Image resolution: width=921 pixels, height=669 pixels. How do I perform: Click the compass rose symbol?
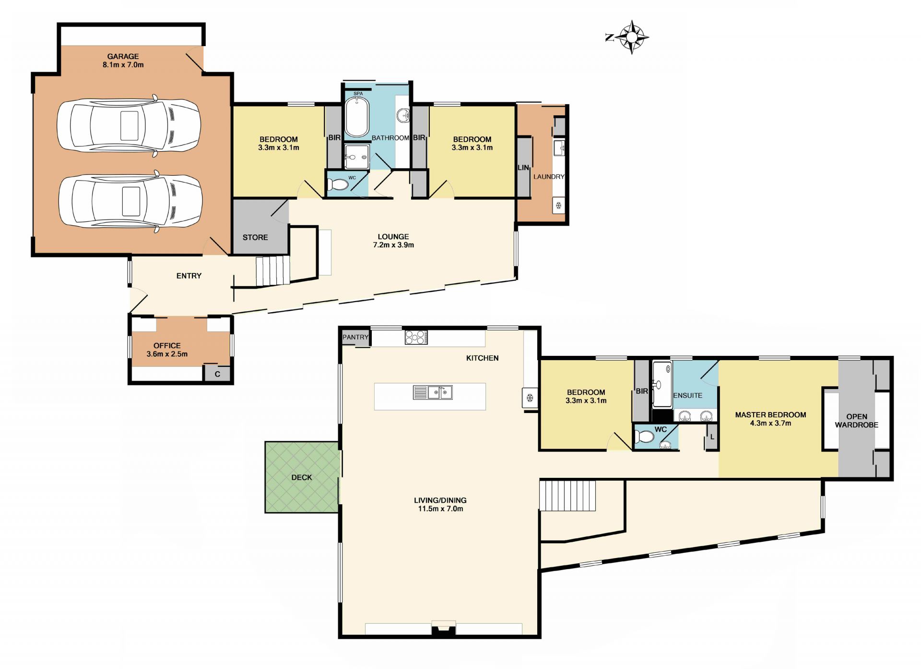click(x=632, y=37)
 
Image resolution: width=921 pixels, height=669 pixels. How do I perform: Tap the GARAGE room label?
click(x=123, y=56)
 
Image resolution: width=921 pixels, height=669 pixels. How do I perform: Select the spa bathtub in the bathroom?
click(x=357, y=117)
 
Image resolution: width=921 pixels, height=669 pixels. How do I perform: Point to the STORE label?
click(x=255, y=237)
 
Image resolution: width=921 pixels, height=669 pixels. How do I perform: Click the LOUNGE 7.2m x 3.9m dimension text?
click(x=393, y=241)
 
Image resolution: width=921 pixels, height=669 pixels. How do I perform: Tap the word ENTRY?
click(x=189, y=276)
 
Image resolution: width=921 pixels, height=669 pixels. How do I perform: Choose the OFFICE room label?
click(x=167, y=345)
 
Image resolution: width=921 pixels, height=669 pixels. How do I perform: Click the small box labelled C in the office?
click(x=217, y=374)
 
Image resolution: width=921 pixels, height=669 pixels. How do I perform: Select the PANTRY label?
click(x=355, y=337)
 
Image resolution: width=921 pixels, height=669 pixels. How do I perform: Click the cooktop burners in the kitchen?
click(x=416, y=337)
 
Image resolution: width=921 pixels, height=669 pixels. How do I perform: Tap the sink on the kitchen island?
click(x=433, y=392)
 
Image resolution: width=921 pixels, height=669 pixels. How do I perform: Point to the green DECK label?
click(x=302, y=477)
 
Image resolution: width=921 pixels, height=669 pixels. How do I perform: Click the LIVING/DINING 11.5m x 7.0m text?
click(x=440, y=504)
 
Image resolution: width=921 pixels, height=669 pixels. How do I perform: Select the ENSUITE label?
click(x=687, y=395)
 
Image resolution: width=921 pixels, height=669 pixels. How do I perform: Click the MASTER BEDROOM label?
click(x=770, y=414)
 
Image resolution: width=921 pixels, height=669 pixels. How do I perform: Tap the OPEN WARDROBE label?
click(x=857, y=421)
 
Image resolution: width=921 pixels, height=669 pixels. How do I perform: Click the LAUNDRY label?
click(x=549, y=177)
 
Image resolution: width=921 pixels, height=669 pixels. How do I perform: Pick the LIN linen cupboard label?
click(x=523, y=168)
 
